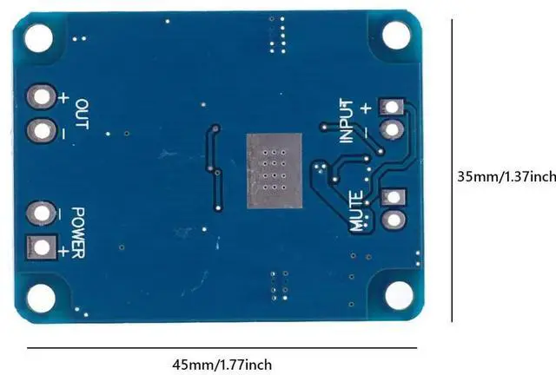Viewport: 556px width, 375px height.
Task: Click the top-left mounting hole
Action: pos(37,36)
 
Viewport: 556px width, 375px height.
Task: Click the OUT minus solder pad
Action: pos(40,132)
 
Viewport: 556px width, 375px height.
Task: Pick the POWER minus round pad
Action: pos(40,213)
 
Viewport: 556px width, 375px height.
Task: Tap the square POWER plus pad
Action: pos(40,248)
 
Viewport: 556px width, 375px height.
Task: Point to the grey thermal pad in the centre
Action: pos(272,172)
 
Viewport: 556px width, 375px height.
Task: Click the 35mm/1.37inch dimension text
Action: pos(506,177)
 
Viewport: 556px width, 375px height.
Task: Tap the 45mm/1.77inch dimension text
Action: pos(223,365)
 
